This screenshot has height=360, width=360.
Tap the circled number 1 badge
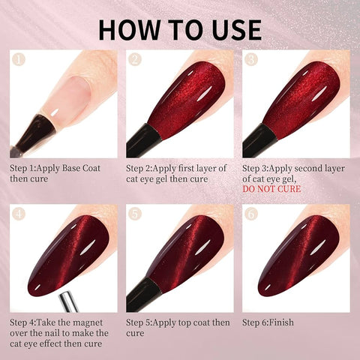[19, 59]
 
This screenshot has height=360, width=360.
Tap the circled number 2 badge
[135, 59]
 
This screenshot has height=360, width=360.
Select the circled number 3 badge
[251, 59]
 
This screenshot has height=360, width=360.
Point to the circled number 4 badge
[19, 214]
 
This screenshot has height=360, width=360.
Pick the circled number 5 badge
[135, 214]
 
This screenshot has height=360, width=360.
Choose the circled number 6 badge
[251, 214]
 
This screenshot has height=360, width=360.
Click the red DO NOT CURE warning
[271, 189]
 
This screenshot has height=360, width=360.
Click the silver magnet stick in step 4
[69, 302]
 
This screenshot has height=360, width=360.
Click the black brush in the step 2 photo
[142, 140]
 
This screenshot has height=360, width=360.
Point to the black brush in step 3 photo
[259, 140]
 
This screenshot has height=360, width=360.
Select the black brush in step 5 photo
[142, 295]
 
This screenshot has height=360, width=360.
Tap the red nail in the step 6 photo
[298, 256]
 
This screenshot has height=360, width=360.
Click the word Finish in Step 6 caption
[280, 322]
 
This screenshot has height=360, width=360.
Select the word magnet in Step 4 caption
[88, 322]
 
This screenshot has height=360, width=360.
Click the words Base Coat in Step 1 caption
[81, 168]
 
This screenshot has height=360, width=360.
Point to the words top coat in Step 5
[191, 322]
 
